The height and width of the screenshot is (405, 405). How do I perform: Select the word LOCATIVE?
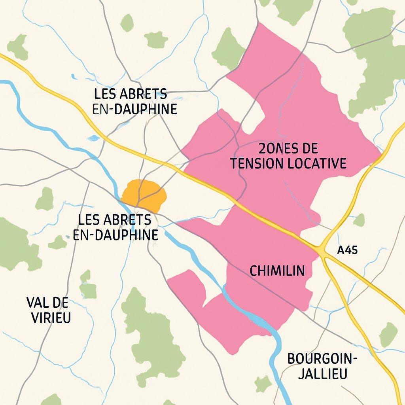[x=316, y=163]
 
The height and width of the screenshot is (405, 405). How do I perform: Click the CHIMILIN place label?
[x=277, y=271]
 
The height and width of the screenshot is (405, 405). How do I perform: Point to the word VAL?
[x=38, y=303]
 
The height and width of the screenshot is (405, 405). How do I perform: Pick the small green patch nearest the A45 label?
[x=359, y=220]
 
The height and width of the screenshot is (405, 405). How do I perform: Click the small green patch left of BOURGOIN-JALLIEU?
[x=263, y=384]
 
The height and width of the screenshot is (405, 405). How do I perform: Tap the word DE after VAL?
[x=60, y=303]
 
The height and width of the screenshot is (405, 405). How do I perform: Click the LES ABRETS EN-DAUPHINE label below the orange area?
[x=115, y=227]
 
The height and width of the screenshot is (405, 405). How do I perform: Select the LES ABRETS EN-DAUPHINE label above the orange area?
[x=134, y=102]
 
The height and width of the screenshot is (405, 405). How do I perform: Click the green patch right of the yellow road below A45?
[x=388, y=334]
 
